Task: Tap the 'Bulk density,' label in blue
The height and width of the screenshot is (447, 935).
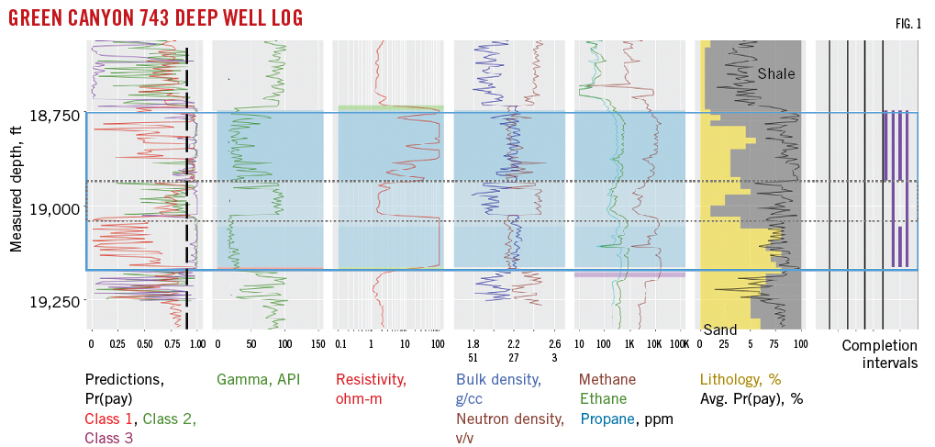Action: pos(498,379)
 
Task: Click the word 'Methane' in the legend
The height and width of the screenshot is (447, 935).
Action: pos(607,379)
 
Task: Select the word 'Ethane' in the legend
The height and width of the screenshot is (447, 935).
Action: pos(603,398)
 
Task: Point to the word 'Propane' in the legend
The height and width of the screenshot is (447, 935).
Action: pos(607,419)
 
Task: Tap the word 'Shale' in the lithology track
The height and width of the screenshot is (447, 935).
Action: pos(776,73)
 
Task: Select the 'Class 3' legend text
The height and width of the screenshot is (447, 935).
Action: pos(109,438)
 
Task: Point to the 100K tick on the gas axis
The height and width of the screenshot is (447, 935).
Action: pos(678,344)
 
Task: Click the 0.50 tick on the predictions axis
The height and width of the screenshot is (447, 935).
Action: pos(144,344)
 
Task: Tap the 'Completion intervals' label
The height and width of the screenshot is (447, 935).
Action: pos(879,354)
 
